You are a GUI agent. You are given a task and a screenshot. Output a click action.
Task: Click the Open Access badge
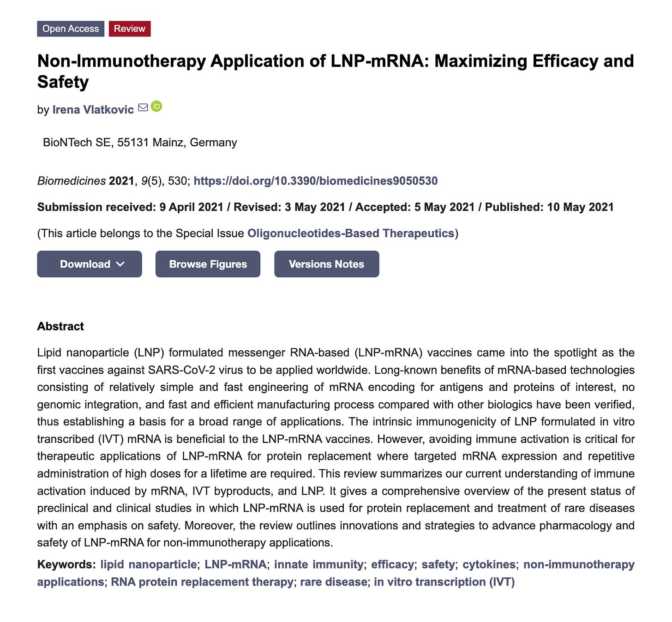(x=71, y=29)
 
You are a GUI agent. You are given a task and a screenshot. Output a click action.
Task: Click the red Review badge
(x=130, y=29)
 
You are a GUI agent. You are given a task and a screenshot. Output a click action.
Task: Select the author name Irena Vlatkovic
(x=93, y=109)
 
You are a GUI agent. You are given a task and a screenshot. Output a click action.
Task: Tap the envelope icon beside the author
(x=143, y=108)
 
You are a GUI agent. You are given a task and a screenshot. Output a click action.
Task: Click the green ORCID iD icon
(x=156, y=107)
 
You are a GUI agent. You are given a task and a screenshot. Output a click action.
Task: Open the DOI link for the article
(x=315, y=180)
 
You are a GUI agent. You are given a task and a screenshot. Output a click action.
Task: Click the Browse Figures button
(x=208, y=264)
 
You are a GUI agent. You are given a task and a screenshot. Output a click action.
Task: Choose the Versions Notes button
(x=326, y=264)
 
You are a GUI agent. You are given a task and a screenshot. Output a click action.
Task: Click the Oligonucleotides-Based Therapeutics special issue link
(x=351, y=233)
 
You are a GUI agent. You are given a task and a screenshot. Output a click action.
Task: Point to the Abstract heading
(x=60, y=326)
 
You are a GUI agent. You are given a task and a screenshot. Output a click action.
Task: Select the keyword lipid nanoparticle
(x=148, y=564)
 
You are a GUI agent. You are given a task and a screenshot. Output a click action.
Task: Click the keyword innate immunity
(x=318, y=564)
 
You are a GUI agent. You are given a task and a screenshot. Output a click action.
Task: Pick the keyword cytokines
(x=489, y=564)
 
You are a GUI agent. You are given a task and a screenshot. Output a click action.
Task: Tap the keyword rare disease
(x=333, y=582)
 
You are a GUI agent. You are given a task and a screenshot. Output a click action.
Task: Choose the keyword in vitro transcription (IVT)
(x=444, y=582)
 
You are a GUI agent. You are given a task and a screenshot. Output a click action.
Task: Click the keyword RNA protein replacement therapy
(x=202, y=582)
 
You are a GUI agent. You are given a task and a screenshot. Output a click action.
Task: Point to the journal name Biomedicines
(x=72, y=180)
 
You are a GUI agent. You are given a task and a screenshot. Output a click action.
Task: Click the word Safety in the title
(x=63, y=82)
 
